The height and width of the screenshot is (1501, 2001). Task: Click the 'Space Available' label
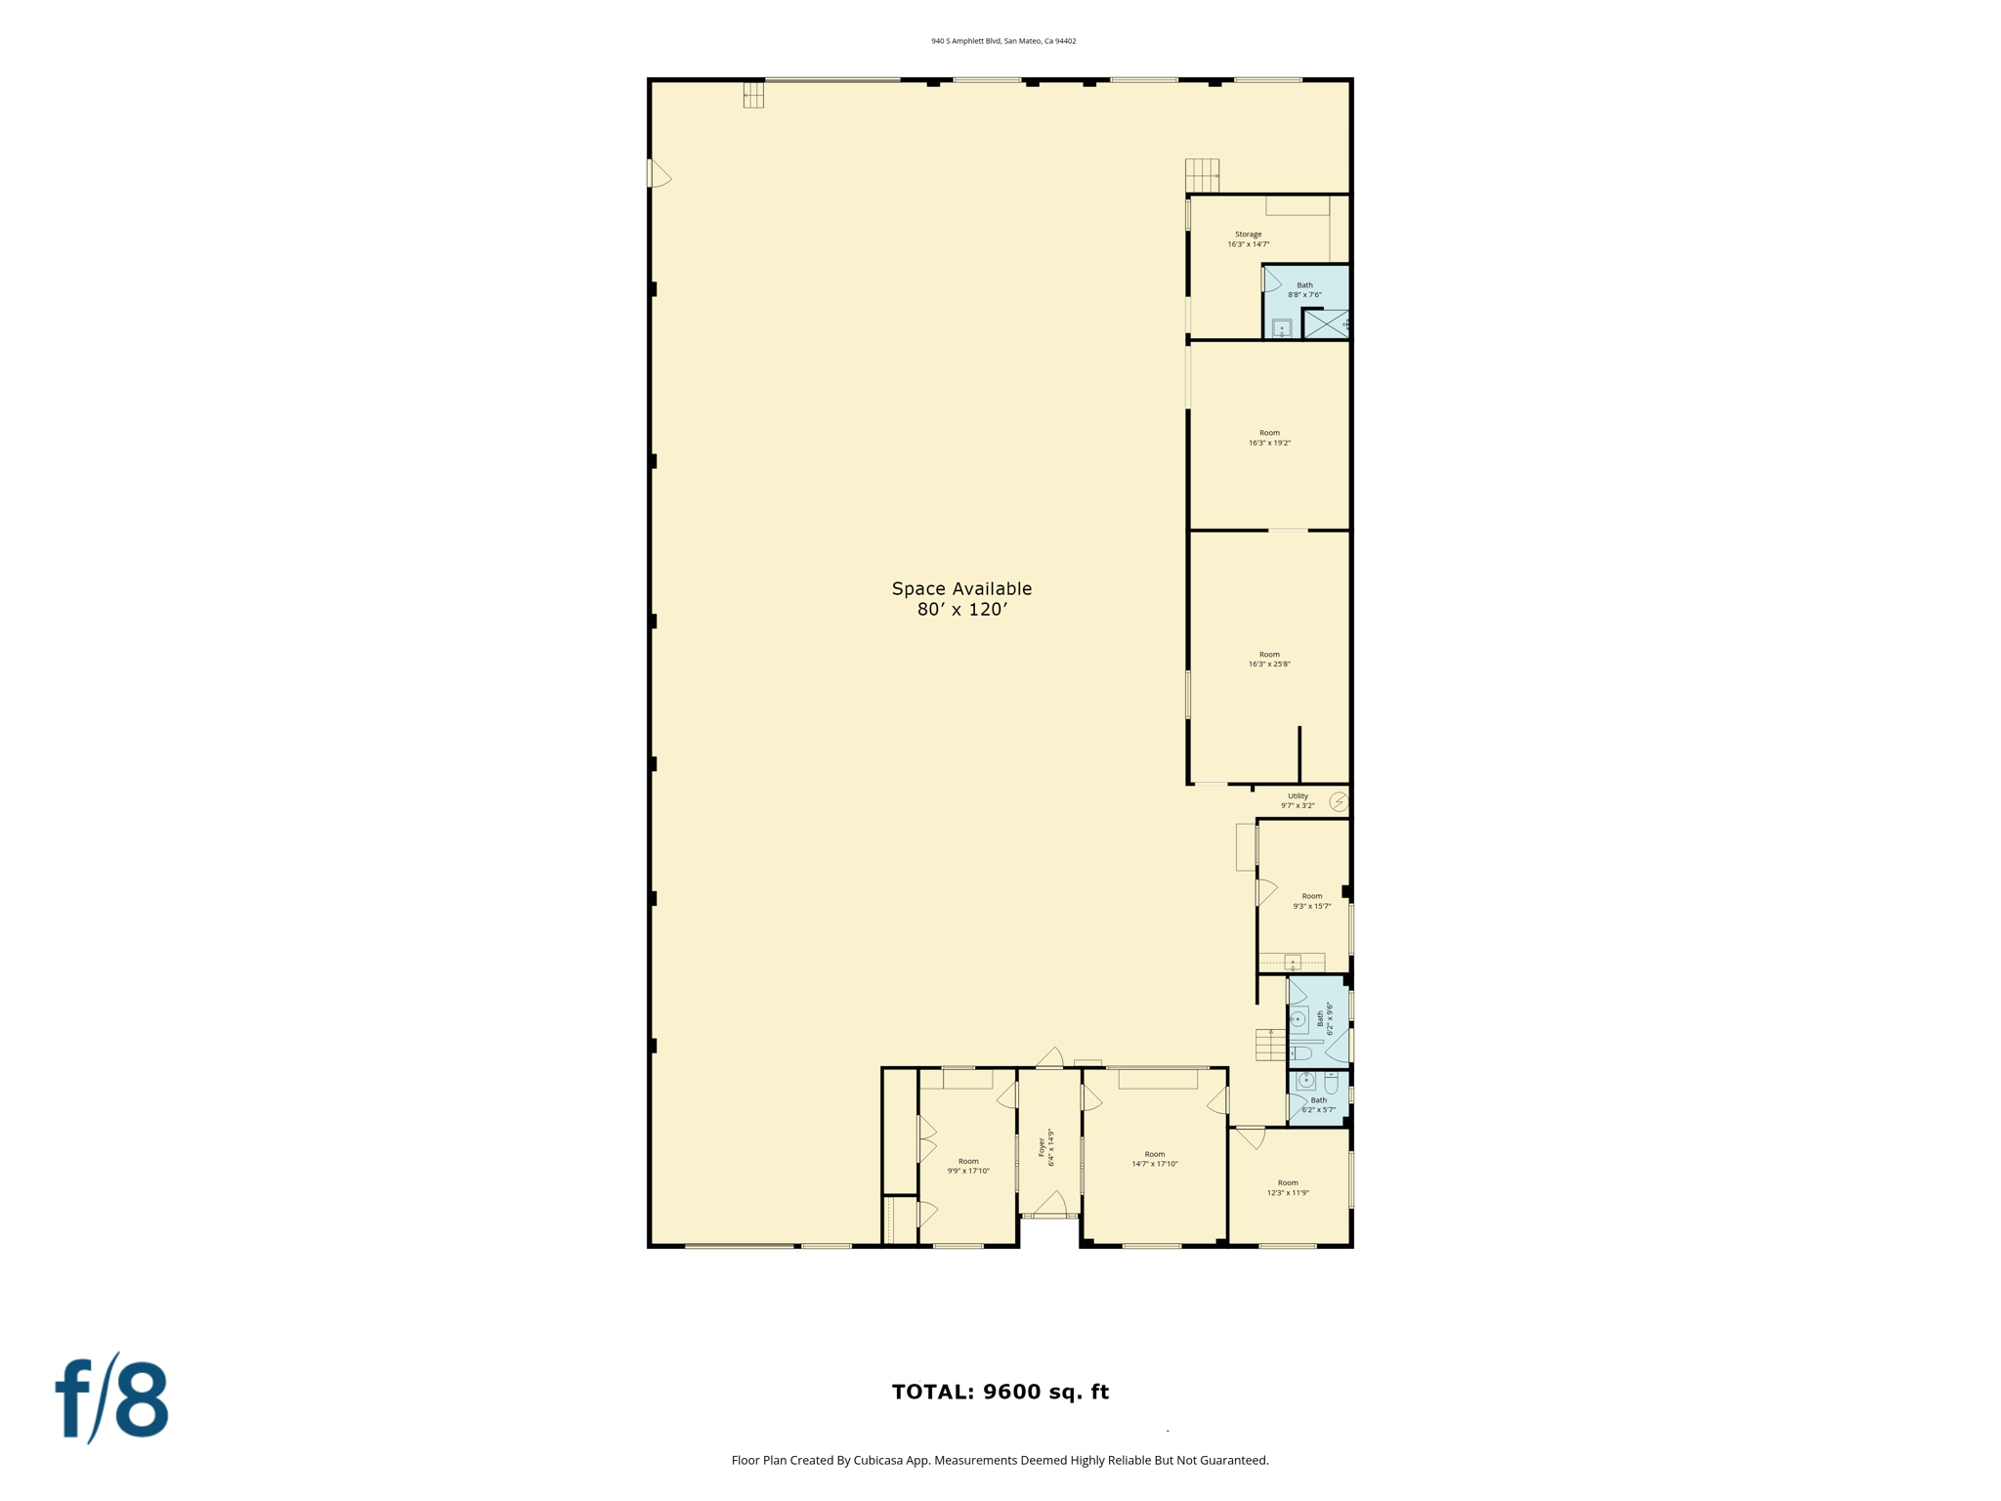(961, 589)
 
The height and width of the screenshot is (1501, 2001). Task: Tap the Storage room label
(1248, 235)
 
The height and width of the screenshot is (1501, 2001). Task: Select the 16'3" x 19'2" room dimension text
(1269, 444)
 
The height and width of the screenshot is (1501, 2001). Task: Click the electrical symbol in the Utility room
(1339, 802)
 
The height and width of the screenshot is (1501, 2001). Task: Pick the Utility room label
(1298, 796)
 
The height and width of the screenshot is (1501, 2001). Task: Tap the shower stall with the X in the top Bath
(1326, 323)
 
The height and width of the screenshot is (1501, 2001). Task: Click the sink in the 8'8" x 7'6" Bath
(1282, 328)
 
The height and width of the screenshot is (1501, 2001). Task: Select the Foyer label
(1042, 1145)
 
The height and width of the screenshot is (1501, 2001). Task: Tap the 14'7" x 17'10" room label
(1155, 1159)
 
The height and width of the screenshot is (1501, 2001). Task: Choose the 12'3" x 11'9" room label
(1288, 1187)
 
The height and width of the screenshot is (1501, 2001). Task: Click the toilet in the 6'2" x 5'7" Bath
(1331, 1083)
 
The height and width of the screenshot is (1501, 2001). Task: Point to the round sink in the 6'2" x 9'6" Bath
(1299, 1019)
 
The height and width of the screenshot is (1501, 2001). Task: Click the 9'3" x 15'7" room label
(1311, 901)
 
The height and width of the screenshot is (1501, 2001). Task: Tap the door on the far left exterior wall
(659, 174)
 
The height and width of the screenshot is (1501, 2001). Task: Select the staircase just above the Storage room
(1202, 176)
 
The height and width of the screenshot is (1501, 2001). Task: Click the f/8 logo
(111, 1398)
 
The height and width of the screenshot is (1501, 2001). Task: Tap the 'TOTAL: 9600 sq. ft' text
(1000, 1392)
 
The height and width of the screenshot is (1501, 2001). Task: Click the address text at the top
(1003, 41)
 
